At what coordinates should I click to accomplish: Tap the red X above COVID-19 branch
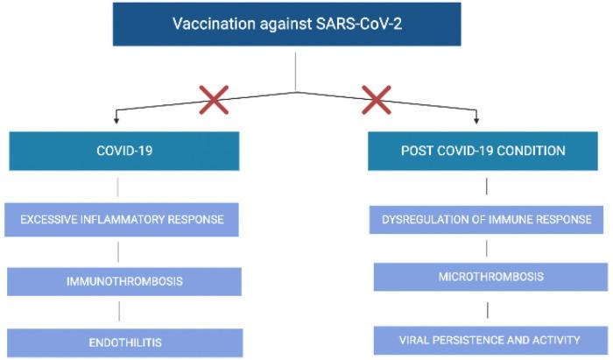pos(214,101)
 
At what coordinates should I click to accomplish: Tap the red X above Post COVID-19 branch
pos(376,101)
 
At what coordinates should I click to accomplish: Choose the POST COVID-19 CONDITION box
pos(483,151)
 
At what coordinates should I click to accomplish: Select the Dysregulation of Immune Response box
pos(486,219)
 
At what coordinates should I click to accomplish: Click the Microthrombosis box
pos(490,277)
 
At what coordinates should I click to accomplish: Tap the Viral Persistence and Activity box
pos(490,340)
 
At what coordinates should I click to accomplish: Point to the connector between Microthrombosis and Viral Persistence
pos(486,308)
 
